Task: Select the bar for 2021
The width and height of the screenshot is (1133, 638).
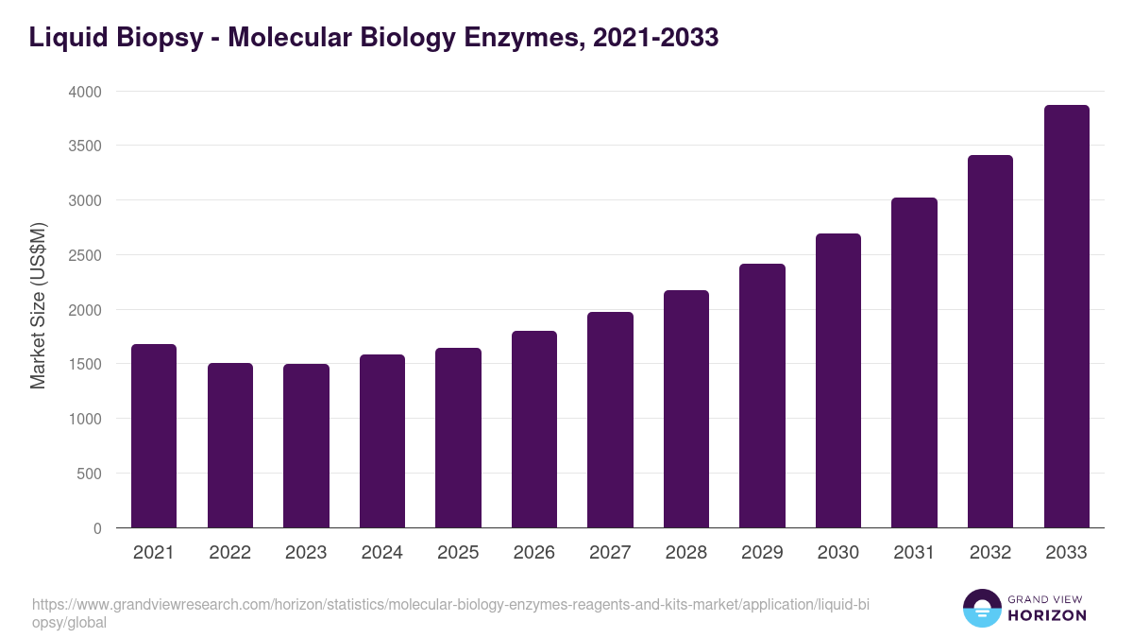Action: tap(154, 436)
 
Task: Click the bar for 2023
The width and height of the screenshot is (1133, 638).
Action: tap(306, 445)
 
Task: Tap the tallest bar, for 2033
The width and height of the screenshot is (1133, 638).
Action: tap(1067, 316)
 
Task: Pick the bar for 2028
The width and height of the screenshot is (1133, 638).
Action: tap(686, 408)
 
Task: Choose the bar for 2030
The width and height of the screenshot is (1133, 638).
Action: tap(838, 380)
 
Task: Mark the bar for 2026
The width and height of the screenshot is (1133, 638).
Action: tap(534, 429)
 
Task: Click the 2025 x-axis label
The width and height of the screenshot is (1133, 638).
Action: tap(458, 553)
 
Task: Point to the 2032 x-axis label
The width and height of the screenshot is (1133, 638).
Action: tap(990, 553)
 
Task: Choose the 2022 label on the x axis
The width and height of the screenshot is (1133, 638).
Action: tap(230, 553)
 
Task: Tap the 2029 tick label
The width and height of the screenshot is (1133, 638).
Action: tap(762, 553)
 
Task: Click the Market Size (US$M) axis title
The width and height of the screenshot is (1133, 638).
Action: tap(39, 305)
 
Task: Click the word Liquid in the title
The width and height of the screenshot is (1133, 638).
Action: tap(65, 38)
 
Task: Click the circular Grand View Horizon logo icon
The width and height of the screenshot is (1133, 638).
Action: tap(982, 608)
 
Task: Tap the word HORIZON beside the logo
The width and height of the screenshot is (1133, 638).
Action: tap(1047, 615)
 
